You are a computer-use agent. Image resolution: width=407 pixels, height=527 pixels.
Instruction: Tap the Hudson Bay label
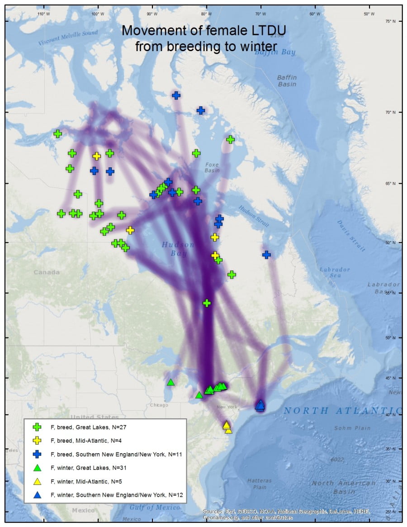(178, 249)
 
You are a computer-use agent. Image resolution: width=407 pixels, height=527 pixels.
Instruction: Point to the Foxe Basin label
(212, 167)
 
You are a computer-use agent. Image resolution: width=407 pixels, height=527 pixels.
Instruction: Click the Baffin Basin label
(287, 81)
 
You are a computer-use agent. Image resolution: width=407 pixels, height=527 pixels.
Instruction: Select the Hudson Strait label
(254, 217)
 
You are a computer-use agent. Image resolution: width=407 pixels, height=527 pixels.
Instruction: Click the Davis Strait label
(350, 235)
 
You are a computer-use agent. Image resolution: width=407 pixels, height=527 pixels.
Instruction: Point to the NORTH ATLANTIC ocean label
(342, 411)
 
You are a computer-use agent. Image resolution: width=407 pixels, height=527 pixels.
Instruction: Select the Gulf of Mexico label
(155, 508)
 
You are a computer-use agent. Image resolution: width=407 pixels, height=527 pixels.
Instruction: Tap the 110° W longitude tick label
(43, 14)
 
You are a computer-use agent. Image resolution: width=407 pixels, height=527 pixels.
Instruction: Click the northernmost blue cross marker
(176, 95)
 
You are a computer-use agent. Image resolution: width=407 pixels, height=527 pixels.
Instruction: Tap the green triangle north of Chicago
(170, 382)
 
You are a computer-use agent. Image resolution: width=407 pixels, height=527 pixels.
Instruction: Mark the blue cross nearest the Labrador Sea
(266, 255)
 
